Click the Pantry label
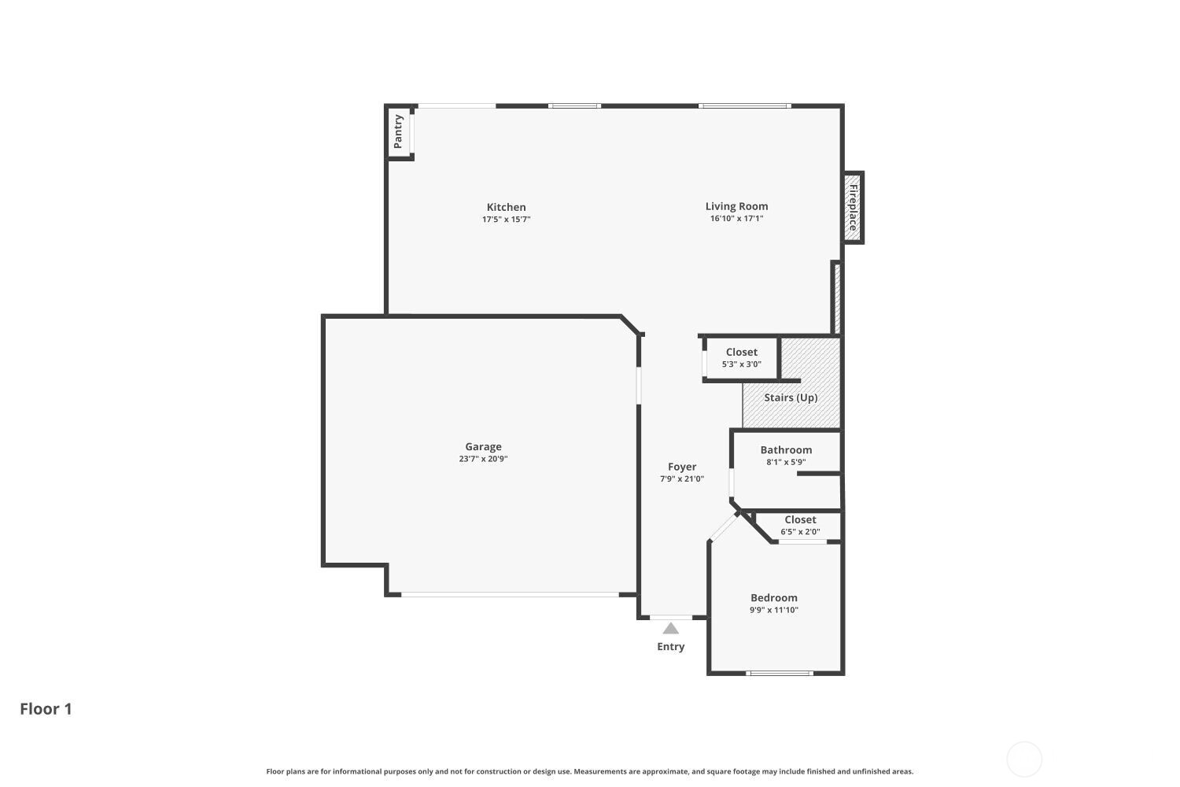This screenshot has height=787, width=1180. pyautogui.click(x=398, y=131)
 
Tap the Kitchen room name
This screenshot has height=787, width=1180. pyautogui.click(x=506, y=207)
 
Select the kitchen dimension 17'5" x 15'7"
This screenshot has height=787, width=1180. pyautogui.click(x=506, y=220)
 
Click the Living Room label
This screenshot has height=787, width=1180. pyautogui.click(x=736, y=206)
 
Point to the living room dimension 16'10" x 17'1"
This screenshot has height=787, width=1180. pyautogui.click(x=736, y=219)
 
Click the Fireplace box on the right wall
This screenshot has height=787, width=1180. pyautogui.click(x=853, y=207)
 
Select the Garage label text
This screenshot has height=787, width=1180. pyautogui.click(x=483, y=446)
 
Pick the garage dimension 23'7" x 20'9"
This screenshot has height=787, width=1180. pyautogui.click(x=483, y=459)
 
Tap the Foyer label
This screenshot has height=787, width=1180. pyautogui.click(x=682, y=467)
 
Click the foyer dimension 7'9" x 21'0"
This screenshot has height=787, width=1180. pyautogui.click(x=682, y=478)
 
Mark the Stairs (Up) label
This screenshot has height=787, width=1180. pyautogui.click(x=791, y=397)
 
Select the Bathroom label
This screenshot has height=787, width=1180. pyautogui.click(x=786, y=450)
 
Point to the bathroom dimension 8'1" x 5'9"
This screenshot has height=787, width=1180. pyautogui.click(x=786, y=462)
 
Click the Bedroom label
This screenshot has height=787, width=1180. pyautogui.click(x=773, y=597)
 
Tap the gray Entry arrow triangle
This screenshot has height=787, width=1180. pyautogui.click(x=670, y=629)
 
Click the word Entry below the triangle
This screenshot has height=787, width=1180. pyautogui.click(x=670, y=646)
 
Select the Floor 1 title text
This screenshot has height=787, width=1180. pyautogui.click(x=46, y=708)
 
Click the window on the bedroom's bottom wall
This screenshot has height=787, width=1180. pyautogui.click(x=779, y=673)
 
